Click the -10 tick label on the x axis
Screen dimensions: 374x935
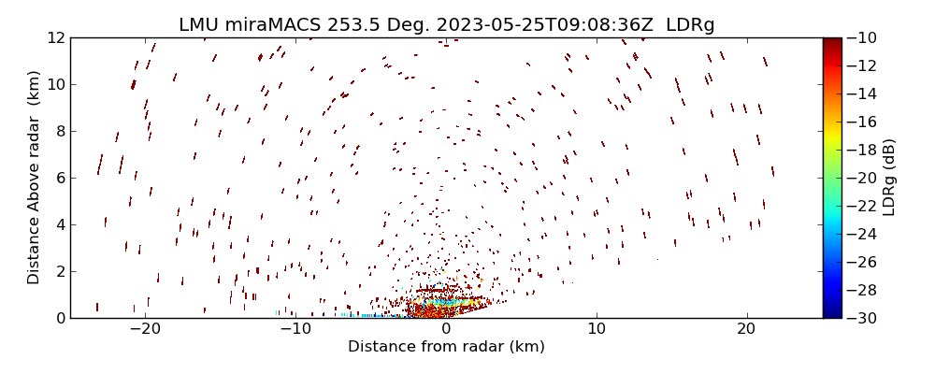295,329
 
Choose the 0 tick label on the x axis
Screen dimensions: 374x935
446,329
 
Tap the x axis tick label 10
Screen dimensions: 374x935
597,329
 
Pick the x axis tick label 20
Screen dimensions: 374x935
746,329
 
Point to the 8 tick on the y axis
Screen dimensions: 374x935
60,131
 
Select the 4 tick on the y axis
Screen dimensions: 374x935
60,224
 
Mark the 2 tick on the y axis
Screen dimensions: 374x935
60,271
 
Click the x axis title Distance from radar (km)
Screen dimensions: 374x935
446,347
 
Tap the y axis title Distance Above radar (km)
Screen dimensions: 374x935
34,178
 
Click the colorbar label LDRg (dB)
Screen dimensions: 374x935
889,178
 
